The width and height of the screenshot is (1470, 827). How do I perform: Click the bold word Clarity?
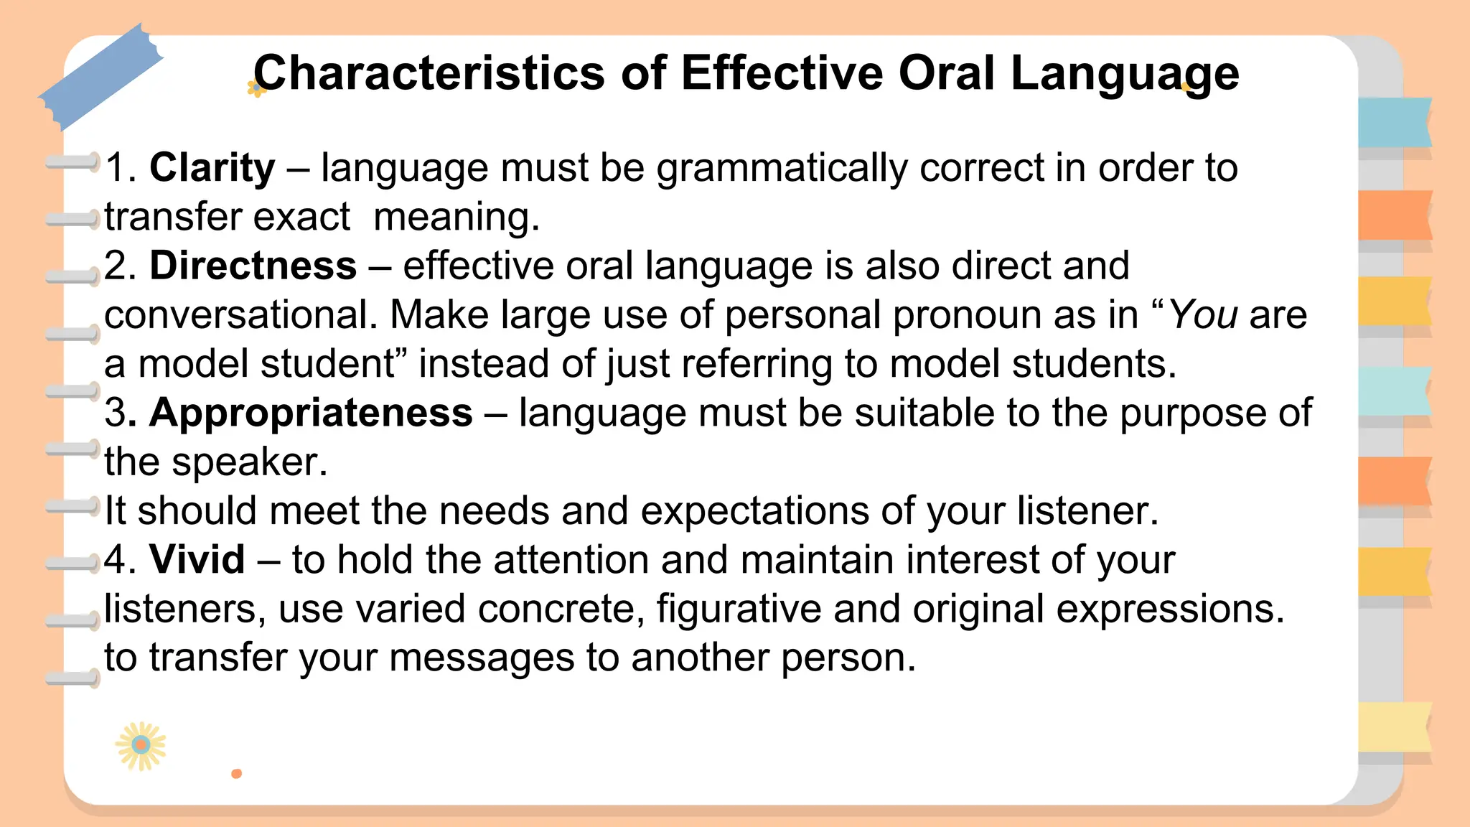click(212, 168)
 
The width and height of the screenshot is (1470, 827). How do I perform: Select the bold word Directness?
click(253, 266)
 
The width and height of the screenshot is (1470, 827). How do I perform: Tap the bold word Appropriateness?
click(311, 413)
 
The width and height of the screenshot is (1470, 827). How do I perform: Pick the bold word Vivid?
click(197, 559)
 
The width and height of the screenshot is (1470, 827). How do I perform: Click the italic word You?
click(1203, 315)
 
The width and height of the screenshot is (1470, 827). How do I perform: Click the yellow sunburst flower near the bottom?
click(141, 745)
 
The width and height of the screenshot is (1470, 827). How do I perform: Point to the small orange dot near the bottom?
click(236, 773)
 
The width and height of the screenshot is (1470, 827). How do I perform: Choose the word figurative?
click(739, 609)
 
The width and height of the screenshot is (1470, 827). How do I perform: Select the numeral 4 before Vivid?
click(115, 559)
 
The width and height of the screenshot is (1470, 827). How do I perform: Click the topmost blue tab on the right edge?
click(1394, 123)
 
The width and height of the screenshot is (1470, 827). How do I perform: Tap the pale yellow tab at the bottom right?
click(1394, 727)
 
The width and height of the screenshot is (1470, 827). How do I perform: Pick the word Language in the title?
click(1125, 73)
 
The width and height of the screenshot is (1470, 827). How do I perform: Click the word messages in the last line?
click(482, 658)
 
